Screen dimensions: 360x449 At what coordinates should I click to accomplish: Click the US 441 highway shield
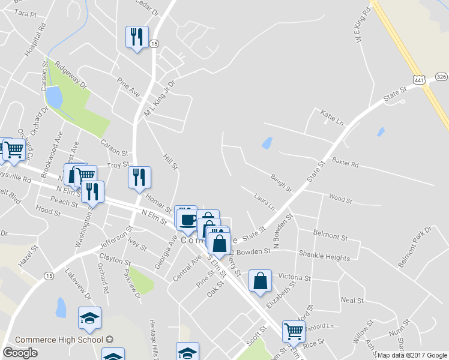click(419, 79)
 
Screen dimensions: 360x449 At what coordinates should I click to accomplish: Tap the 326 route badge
click(441, 77)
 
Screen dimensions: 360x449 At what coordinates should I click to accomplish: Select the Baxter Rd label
click(345, 163)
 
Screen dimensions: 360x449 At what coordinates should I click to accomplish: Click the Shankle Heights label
click(324, 258)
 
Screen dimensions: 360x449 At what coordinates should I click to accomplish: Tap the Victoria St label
click(295, 278)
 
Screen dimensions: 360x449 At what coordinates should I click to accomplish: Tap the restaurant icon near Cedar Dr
click(136, 37)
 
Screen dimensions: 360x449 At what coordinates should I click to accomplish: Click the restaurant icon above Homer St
click(139, 177)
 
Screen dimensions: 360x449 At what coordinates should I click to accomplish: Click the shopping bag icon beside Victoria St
click(261, 280)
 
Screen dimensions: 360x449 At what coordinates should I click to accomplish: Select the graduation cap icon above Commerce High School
click(89, 317)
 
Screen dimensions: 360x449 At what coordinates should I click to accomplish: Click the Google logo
click(20, 353)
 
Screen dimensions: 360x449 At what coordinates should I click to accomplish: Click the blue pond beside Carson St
click(54, 97)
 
